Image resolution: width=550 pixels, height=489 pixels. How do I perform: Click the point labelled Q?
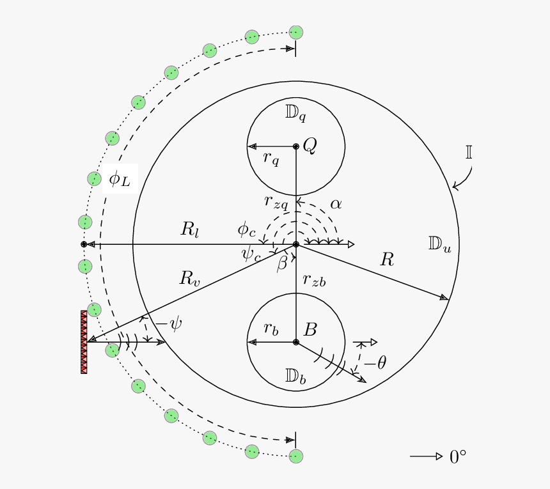click(296, 146)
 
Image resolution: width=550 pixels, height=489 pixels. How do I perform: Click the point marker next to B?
click(296, 342)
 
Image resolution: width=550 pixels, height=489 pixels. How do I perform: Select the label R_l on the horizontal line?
click(190, 229)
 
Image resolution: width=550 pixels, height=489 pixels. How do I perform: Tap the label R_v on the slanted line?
click(189, 278)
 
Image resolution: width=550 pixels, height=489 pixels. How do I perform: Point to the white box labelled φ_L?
click(120, 178)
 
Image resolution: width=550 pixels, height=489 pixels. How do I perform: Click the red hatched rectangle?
click(84, 342)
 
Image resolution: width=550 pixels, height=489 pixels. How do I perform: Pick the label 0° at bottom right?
click(458, 457)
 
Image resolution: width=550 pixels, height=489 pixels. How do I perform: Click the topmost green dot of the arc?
click(296, 33)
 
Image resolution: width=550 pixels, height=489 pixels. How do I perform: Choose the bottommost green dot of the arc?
click(296, 456)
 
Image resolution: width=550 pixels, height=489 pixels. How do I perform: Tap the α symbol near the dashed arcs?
click(336, 204)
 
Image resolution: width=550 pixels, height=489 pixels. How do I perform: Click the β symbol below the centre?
click(281, 263)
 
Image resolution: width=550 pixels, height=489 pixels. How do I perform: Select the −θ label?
click(375, 362)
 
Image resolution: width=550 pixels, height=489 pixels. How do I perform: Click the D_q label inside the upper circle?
click(295, 113)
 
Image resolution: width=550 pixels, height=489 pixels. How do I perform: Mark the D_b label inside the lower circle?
click(295, 376)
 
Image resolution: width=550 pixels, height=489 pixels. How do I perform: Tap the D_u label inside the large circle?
click(439, 244)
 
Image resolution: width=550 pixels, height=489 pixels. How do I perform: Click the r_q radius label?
click(271, 159)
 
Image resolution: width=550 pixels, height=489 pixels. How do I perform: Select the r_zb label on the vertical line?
click(314, 281)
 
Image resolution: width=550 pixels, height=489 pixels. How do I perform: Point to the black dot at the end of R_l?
click(84, 244)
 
